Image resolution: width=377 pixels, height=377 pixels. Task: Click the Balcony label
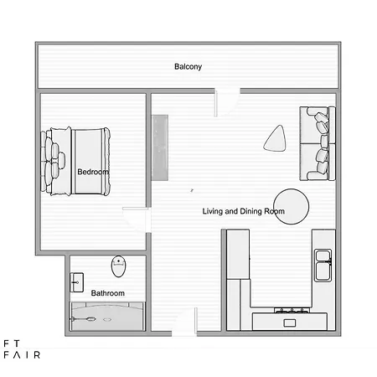pyautogui.click(x=188, y=67)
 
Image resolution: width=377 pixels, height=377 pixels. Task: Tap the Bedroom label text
pyautogui.click(x=93, y=172)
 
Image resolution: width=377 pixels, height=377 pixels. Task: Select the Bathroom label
pyautogui.click(x=108, y=293)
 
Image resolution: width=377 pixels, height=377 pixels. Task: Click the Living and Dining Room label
pyautogui.click(x=244, y=211)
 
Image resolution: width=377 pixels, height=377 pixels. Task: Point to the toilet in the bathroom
pyautogui.click(x=119, y=266)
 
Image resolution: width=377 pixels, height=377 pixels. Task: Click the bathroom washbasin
pyautogui.click(x=76, y=282)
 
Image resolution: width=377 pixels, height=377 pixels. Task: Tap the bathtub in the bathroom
pyautogui.click(x=107, y=317)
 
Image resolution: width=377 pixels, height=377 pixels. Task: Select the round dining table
pyautogui.click(x=292, y=206)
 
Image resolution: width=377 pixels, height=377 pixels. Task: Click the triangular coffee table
pyautogui.click(x=275, y=139)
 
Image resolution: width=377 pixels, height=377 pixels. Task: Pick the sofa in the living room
pyautogui.click(x=318, y=143)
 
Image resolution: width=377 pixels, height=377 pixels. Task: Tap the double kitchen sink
pyautogui.click(x=323, y=266)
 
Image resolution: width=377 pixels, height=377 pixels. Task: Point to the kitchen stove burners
pyautogui.click(x=292, y=310)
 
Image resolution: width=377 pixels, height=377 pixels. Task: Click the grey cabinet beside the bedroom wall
pyautogui.click(x=160, y=147)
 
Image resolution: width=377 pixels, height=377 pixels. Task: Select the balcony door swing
pyautogui.click(x=227, y=102)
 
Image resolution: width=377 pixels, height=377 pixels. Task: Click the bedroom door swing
pyautogui.click(x=136, y=219)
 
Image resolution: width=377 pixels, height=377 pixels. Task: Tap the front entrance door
pyautogui.click(x=184, y=321)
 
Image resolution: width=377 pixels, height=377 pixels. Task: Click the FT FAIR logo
pyautogui.click(x=22, y=349)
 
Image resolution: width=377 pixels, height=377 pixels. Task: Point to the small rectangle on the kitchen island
pyautogui.click(x=290, y=323)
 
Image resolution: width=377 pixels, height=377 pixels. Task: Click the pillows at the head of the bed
pyautogui.click(x=52, y=161)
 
